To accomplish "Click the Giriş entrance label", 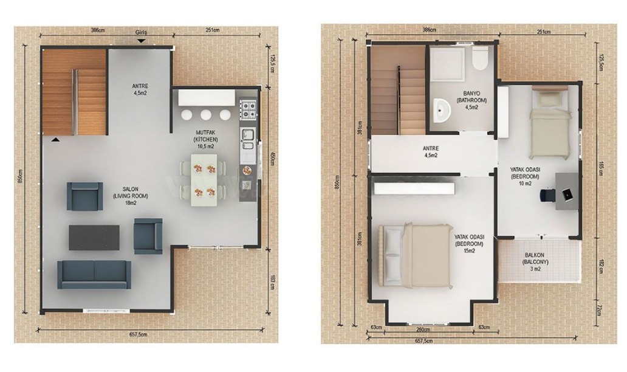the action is pos(141,32).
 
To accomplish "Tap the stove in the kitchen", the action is pos(248,109).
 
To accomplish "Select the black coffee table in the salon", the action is pos(94,237).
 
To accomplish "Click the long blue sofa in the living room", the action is pos(94,274).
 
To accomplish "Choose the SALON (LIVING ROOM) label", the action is pos(131,196).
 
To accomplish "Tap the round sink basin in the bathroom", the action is pos(442,109).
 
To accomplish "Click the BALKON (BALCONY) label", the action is pos(535,262).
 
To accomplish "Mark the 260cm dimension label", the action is pos(423,329).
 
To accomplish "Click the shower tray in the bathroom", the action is pos(448,64).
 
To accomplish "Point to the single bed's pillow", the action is pos(548,98).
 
